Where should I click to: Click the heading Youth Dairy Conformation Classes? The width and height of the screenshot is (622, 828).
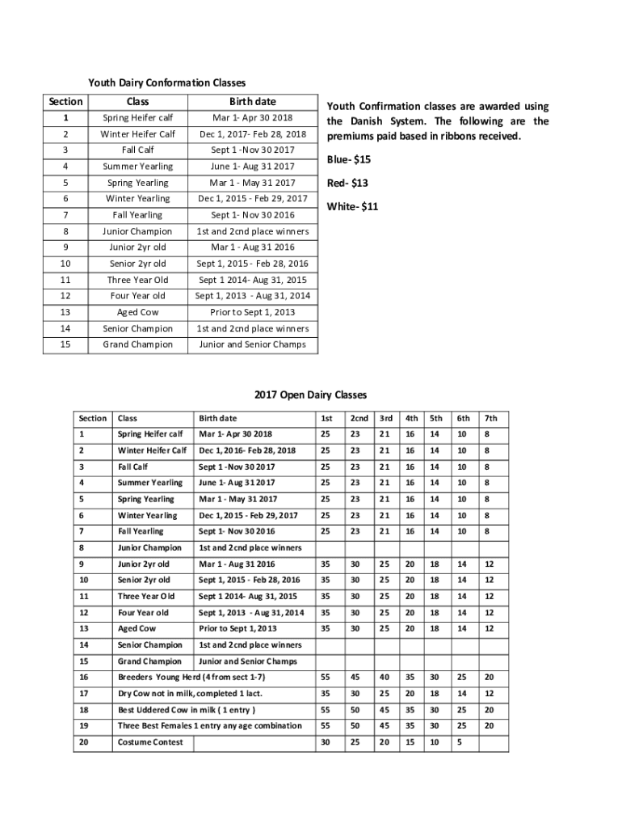pyautogui.click(x=166, y=82)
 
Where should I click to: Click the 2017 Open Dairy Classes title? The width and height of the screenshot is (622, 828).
pyautogui.click(x=310, y=395)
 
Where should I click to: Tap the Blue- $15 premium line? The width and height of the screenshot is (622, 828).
pyautogui.click(x=350, y=159)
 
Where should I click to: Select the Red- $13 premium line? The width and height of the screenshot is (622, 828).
pyautogui.click(x=348, y=183)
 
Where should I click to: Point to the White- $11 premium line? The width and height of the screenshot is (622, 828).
pyautogui.click(x=352, y=206)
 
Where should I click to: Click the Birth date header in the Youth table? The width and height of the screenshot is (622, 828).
pyautogui.click(x=252, y=102)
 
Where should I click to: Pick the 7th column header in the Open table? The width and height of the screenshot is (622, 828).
pyautogui.click(x=490, y=418)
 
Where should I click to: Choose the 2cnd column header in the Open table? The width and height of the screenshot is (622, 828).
pyautogui.click(x=359, y=418)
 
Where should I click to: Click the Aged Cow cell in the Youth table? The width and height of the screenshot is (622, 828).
pyautogui.click(x=138, y=312)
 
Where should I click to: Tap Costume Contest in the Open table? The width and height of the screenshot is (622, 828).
pyautogui.click(x=150, y=742)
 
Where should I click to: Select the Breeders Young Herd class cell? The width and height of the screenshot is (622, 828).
pyautogui.click(x=191, y=677)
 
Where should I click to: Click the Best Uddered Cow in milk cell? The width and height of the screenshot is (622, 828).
pyautogui.click(x=187, y=710)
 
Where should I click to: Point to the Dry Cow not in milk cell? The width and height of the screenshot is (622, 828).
pyautogui.click(x=190, y=693)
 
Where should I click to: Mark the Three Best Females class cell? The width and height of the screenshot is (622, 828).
pyautogui.click(x=209, y=726)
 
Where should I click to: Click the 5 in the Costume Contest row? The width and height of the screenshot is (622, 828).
pyautogui.click(x=459, y=742)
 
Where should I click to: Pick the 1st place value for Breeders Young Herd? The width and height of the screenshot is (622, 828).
pyautogui.click(x=326, y=677)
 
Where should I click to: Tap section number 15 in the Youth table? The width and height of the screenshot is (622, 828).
pyautogui.click(x=65, y=344)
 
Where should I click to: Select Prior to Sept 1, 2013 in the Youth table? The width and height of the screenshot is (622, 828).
pyautogui.click(x=253, y=312)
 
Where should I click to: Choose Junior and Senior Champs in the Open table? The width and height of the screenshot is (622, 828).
pyautogui.click(x=248, y=661)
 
